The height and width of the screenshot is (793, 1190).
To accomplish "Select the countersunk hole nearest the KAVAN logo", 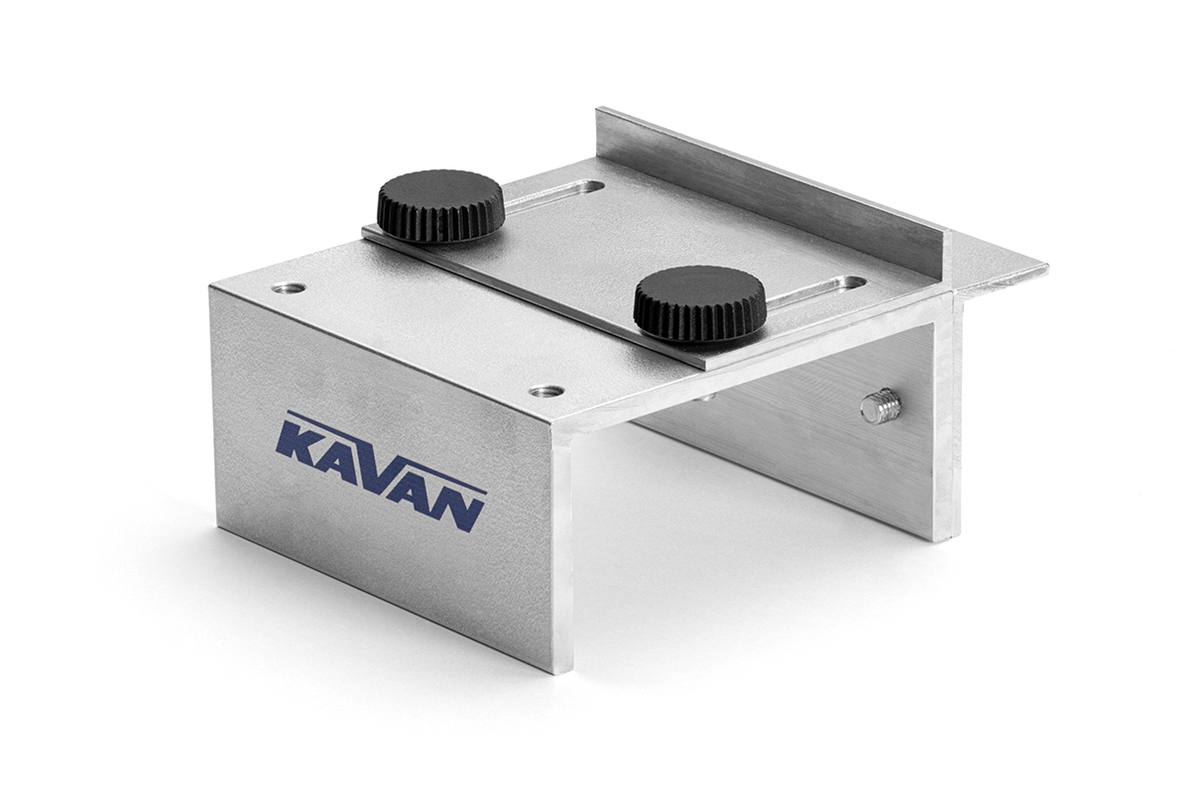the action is point(547,392).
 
